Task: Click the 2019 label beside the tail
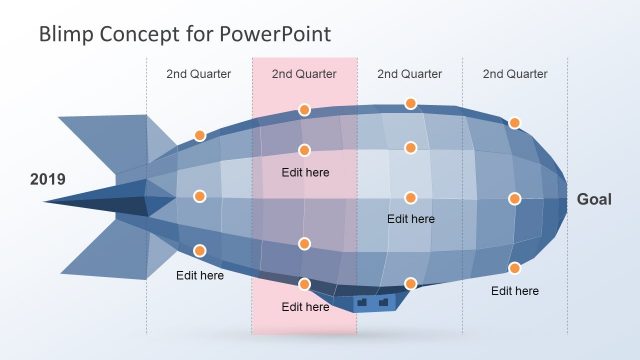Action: pos(47,180)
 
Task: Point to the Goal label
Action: pos(594,200)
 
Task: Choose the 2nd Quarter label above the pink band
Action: pos(304,73)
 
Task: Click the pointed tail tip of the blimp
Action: pos(48,201)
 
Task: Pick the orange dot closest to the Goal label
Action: pos(515,199)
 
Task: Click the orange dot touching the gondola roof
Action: pos(410,284)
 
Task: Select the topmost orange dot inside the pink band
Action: pos(304,110)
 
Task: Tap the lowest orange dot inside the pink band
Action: pos(304,284)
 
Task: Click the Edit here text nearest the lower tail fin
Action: pos(200,275)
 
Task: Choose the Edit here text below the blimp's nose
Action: pos(515,291)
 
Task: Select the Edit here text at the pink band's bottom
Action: pos(305,307)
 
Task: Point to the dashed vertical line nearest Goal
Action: pos(568,120)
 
